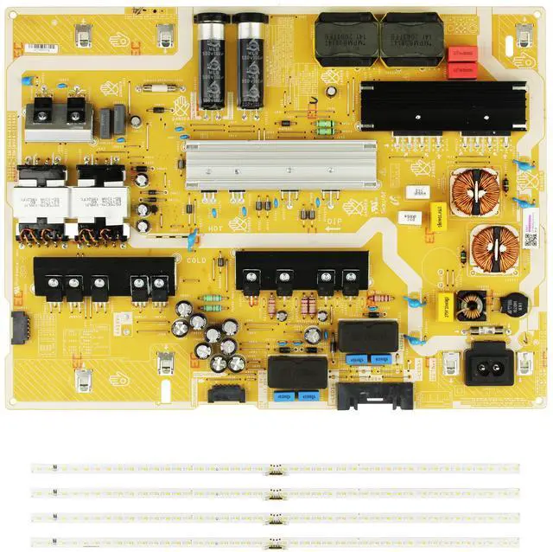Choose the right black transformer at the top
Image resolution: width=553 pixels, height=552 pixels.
pyautogui.click(x=411, y=39)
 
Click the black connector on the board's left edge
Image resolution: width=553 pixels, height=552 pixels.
pyautogui.click(x=17, y=327)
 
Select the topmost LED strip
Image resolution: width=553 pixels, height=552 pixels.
pyautogui.click(x=276, y=468)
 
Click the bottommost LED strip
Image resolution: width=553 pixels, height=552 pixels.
pyautogui.click(x=276, y=542)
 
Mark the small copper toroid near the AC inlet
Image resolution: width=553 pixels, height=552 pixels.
pyautogui.click(x=470, y=305)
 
